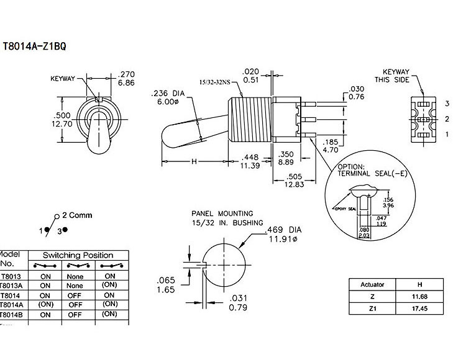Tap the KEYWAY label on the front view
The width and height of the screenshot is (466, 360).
[63, 79]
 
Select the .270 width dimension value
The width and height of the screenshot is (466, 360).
[126, 73]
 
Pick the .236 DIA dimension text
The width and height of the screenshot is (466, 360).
[166, 94]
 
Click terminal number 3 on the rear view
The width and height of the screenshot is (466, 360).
[446, 102]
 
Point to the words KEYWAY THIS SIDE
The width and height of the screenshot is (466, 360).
[395, 76]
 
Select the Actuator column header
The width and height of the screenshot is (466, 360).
[373, 284]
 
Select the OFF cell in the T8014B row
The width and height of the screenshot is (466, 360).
[76, 314]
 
